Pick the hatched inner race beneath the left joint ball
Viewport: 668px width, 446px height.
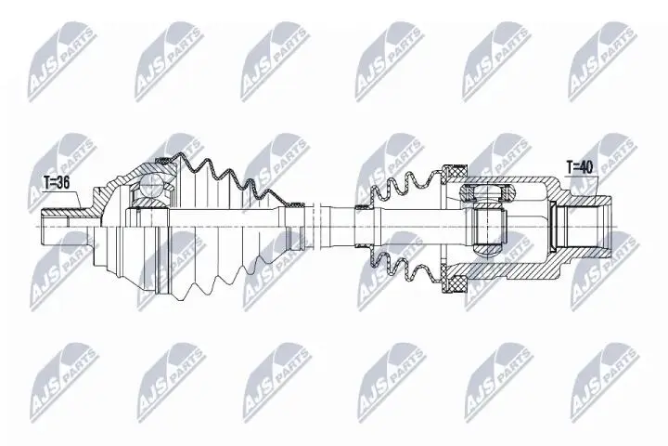point(148,211)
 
